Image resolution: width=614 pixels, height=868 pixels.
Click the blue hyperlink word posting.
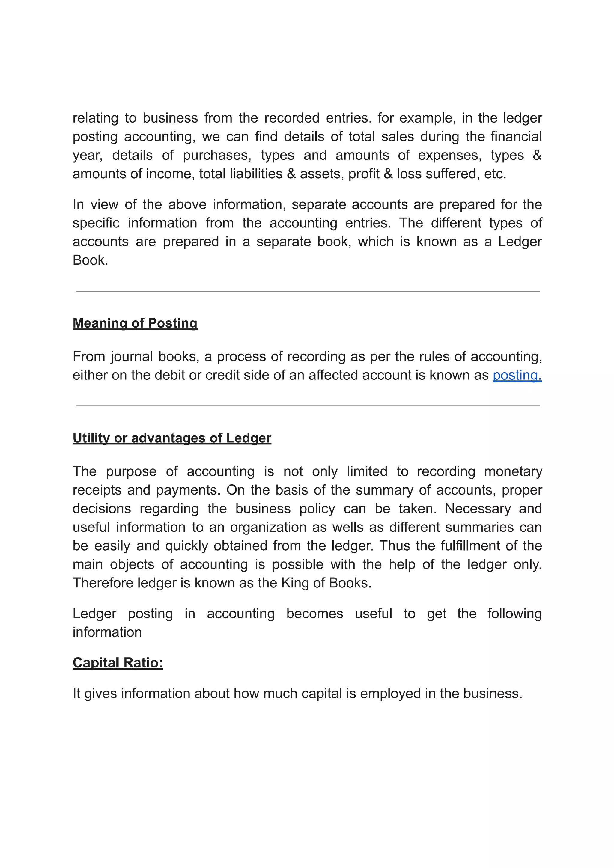517,375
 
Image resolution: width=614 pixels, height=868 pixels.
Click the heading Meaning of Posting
135,323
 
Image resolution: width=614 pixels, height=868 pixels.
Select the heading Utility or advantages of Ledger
172,438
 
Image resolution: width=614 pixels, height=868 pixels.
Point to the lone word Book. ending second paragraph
90,260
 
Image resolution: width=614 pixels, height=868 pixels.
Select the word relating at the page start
95,118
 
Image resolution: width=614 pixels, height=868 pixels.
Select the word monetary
513,471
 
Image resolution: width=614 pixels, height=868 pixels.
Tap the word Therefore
103,583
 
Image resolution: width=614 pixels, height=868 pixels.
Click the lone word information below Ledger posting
107,632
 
